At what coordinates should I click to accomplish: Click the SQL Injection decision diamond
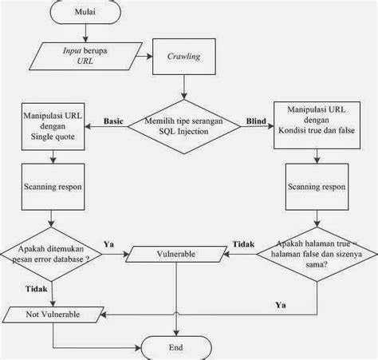[185, 126]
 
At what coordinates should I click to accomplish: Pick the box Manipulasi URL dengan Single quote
[52, 128]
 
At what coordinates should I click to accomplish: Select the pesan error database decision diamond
[53, 255]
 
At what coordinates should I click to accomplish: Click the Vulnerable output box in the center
[177, 254]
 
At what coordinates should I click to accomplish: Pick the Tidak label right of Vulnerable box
[242, 243]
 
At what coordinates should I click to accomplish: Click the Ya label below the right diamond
[281, 304]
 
